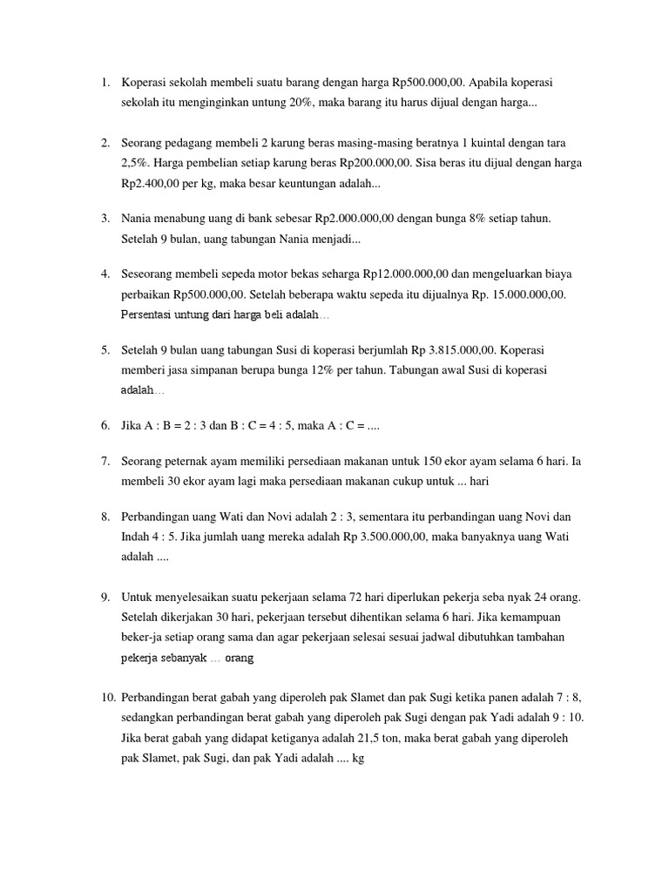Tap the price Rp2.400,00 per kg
pyautogui.click(x=152, y=184)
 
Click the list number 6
pyautogui.click(x=105, y=426)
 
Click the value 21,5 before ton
pyautogui.click(x=384, y=737)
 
